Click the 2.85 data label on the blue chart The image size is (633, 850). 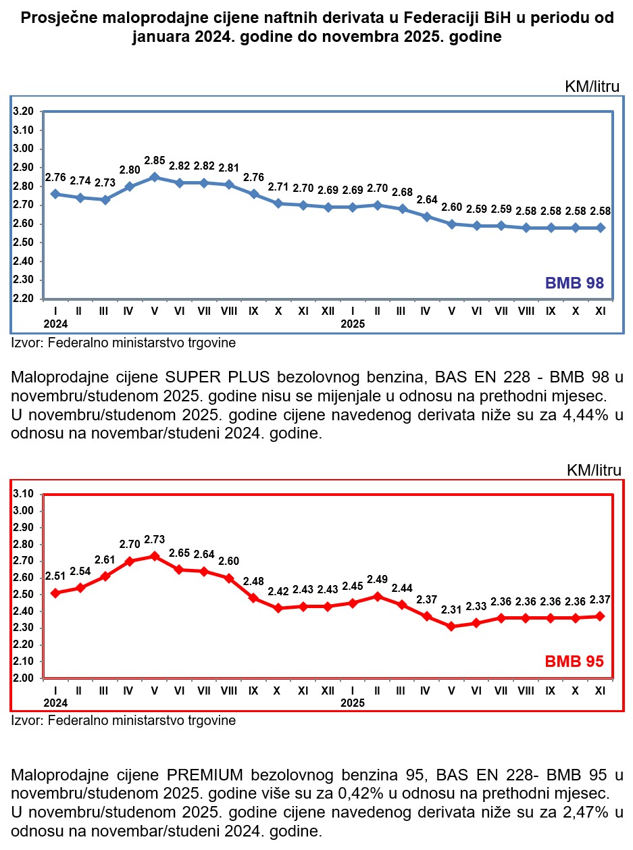tap(155, 161)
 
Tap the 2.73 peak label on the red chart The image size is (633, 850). tap(155, 540)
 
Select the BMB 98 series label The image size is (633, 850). tap(574, 283)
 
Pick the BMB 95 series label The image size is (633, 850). tap(574, 661)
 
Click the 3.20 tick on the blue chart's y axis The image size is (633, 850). tap(24, 111)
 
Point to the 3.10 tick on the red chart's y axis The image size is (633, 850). tap(24, 494)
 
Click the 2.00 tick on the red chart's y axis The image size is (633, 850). tap(24, 678)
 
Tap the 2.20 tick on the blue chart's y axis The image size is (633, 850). tap(24, 298)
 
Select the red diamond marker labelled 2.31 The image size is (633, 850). tap(451, 626)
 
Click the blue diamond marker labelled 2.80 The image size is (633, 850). tap(130, 186)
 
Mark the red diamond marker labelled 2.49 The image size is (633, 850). tap(376, 596)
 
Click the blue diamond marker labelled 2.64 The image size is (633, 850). tap(426, 216)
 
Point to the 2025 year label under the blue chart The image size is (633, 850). tap(353, 324)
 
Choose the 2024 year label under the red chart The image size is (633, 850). tap(55, 703)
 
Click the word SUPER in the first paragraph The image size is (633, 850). tap(188, 376)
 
